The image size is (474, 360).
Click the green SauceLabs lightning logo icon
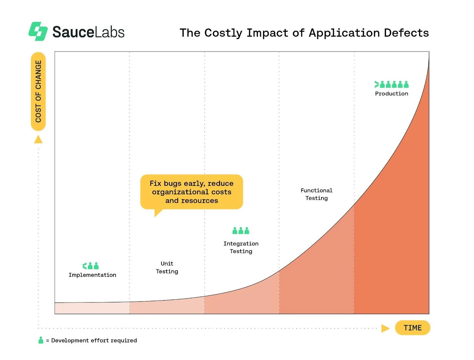(38, 31)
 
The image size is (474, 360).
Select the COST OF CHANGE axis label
(38, 91)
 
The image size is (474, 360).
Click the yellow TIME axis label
(412, 328)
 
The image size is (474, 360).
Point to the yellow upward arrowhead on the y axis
(38, 139)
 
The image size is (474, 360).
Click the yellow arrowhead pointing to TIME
(385, 328)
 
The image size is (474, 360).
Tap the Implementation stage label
(92, 275)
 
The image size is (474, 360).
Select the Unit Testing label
(167, 267)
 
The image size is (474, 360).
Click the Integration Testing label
(241, 247)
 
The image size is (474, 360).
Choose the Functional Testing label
(316, 194)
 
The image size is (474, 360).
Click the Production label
(391, 94)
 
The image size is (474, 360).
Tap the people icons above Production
(391, 84)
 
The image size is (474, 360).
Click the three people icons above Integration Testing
(241, 230)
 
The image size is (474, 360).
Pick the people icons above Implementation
(91, 266)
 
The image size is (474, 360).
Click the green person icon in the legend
(41, 340)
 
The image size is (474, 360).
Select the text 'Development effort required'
(94, 340)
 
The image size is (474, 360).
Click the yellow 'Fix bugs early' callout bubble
(191, 192)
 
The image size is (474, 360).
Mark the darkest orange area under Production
(394, 237)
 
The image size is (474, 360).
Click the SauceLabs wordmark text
(88, 32)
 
